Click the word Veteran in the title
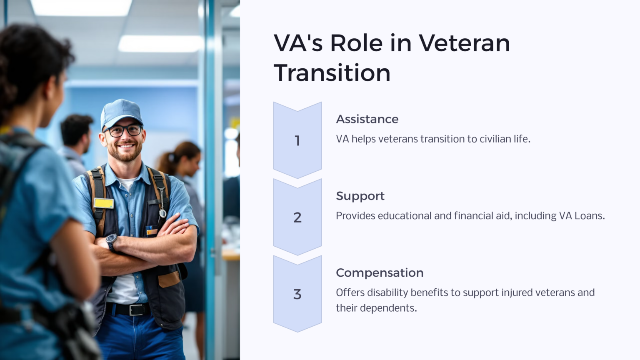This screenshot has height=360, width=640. (x=464, y=43)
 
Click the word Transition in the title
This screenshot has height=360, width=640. (x=332, y=73)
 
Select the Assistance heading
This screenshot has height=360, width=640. (x=367, y=119)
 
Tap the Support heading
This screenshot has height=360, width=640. (x=360, y=196)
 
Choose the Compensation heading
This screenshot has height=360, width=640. (x=380, y=272)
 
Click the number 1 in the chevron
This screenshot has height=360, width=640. (x=297, y=141)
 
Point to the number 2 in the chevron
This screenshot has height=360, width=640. (x=297, y=217)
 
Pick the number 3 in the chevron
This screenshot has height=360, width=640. (x=297, y=294)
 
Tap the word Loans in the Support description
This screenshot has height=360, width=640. (x=589, y=216)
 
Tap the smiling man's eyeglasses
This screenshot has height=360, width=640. (x=124, y=131)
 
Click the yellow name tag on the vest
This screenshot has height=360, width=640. (x=104, y=203)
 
